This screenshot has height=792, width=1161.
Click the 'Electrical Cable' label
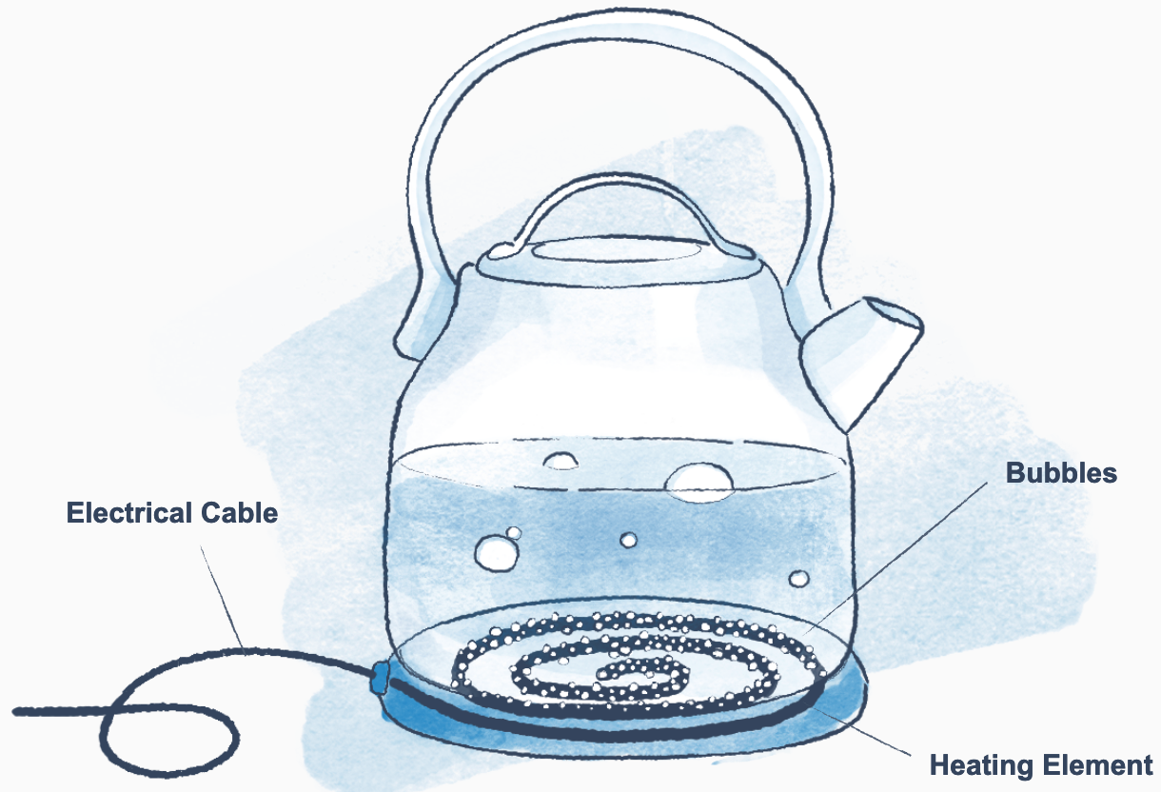click(x=171, y=513)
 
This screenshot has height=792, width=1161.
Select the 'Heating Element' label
click(x=1041, y=764)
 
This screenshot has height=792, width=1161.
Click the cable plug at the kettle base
click(x=379, y=677)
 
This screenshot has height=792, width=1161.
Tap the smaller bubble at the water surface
click(x=561, y=460)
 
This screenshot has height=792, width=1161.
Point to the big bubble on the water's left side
click(x=496, y=552)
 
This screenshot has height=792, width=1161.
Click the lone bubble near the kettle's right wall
click(x=798, y=578)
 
